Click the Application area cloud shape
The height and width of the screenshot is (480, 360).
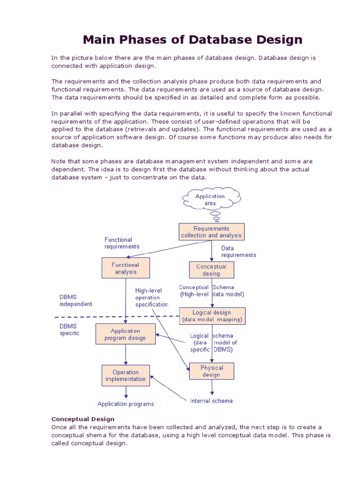(x=210, y=200)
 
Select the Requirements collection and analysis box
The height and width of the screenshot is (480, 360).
(x=211, y=232)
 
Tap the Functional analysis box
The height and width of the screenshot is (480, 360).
(x=125, y=268)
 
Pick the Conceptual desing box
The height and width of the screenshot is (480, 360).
(x=211, y=270)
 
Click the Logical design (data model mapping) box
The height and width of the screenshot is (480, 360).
(x=212, y=316)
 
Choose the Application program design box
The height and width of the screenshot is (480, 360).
(x=125, y=334)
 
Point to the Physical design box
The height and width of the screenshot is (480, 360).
(x=211, y=371)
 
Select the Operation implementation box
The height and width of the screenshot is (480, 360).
(x=126, y=375)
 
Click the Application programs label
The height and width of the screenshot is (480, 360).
(x=126, y=404)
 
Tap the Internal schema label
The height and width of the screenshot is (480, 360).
(x=211, y=401)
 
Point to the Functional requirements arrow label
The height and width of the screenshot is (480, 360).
(x=122, y=243)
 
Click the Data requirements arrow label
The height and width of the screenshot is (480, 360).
(x=239, y=252)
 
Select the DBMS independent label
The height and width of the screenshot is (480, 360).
(x=75, y=300)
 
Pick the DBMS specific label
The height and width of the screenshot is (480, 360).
(x=69, y=330)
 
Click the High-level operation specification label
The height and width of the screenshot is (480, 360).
(x=151, y=298)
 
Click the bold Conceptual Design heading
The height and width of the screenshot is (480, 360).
(x=82, y=419)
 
